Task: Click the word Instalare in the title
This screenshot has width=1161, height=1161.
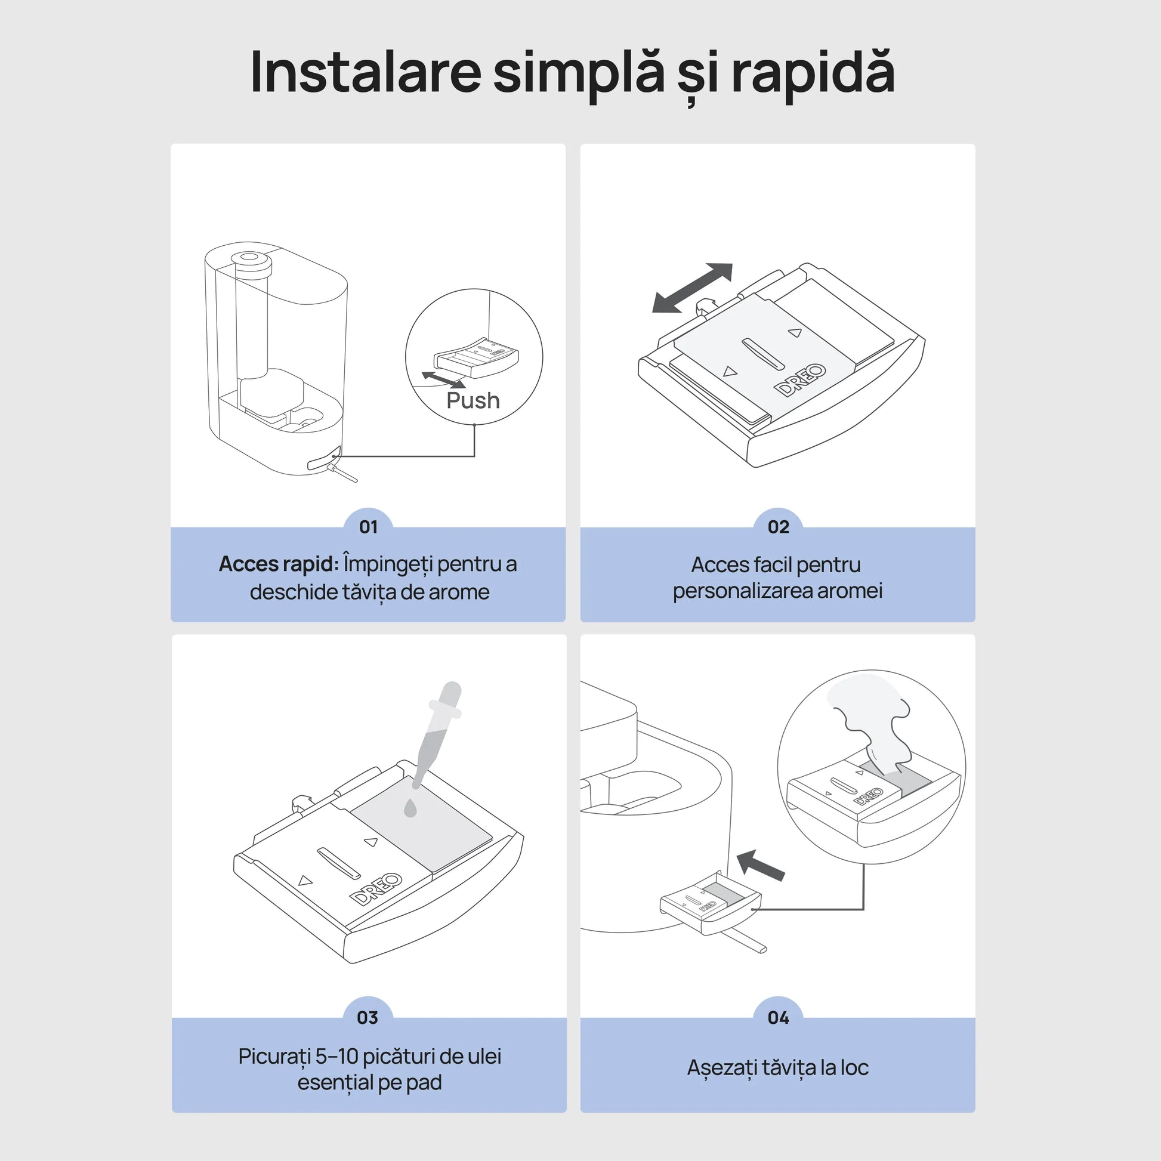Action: click(365, 72)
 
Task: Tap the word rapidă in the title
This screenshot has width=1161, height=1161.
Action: click(813, 73)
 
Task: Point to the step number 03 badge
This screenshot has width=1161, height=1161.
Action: click(368, 1017)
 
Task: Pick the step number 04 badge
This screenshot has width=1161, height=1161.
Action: click(778, 1017)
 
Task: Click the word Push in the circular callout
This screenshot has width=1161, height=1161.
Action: click(473, 400)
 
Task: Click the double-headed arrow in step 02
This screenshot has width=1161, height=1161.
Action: click(692, 288)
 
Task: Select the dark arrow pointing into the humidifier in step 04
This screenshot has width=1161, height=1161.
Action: click(761, 865)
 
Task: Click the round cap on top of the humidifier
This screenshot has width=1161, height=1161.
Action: click(252, 259)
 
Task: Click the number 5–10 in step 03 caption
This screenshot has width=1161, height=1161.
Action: click(336, 1056)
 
